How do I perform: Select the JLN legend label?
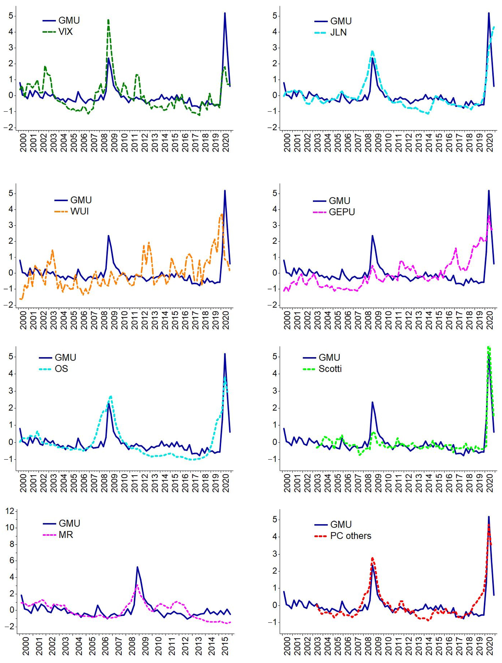(x=338, y=32)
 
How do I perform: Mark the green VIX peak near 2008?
(x=108, y=20)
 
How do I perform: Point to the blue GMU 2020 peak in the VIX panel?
(x=225, y=13)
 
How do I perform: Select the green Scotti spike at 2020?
(x=489, y=347)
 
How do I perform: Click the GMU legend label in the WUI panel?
(x=81, y=200)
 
